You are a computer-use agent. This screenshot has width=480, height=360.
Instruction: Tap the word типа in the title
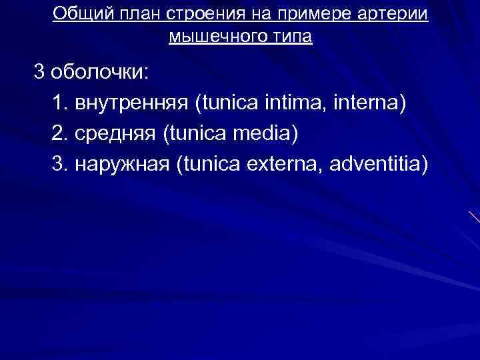pyautogui.click(x=289, y=36)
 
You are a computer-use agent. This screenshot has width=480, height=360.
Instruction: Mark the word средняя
pyautogui.click(x=114, y=133)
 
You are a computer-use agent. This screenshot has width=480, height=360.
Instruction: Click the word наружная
pyautogui.click(x=121, y=164)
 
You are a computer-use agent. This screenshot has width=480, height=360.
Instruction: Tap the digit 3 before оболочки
pyautogui.click(x=41, y=72)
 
